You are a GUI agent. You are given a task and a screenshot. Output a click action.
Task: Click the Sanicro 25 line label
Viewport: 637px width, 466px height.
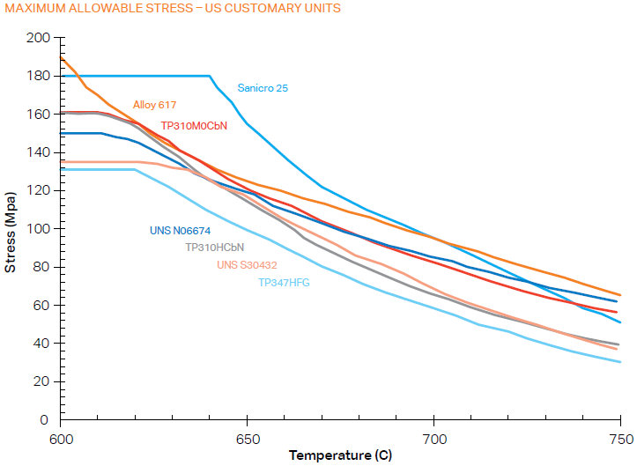tap(263, 88)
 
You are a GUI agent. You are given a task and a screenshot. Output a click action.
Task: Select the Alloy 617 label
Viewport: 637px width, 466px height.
tap(155, 105)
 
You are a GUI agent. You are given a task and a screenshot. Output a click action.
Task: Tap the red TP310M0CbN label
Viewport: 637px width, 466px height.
tap(194, 126)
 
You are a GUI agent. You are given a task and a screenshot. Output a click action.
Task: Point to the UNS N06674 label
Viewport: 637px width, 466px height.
tap(180, 231)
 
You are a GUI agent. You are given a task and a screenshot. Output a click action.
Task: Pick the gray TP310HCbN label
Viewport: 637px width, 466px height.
tap(214, 248)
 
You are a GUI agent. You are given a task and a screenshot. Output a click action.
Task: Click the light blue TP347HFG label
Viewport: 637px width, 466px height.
tap(284, 283)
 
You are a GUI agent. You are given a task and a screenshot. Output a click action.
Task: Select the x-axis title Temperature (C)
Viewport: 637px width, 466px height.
tap(339, 455)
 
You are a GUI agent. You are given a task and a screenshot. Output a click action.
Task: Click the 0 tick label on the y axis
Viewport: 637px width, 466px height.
tap(46, 419)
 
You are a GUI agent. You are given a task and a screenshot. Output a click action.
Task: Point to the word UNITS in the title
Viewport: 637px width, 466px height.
tap(320, 9)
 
